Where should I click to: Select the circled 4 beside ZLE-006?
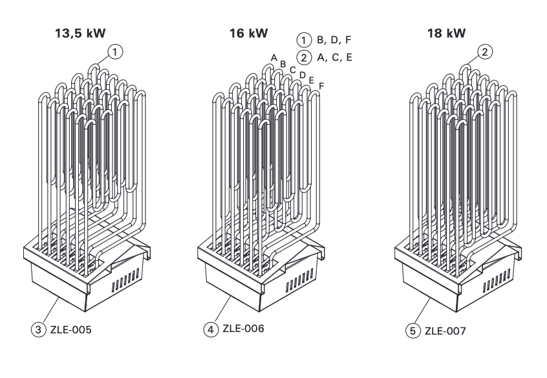tap(210, 329)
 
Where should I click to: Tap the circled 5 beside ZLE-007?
tap(413, 332)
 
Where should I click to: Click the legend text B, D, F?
tap(334, 40)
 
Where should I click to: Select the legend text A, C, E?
tap(334, 58)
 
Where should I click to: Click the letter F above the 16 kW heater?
tap(321, 85)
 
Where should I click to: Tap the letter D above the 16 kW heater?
tap(303, 75)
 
